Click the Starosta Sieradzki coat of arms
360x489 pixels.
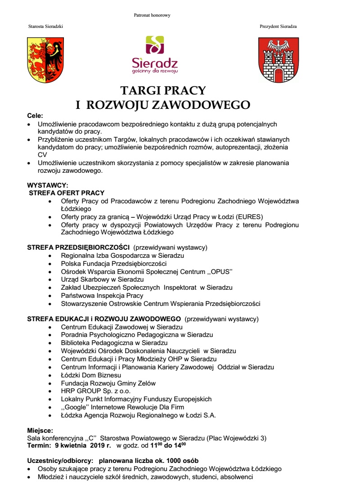45,60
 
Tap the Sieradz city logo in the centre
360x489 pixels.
155,54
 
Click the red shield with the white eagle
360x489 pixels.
278,60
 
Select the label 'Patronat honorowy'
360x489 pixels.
152,15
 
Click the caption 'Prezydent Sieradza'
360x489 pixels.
278,27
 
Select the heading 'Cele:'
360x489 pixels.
35,116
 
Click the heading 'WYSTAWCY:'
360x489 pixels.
48,185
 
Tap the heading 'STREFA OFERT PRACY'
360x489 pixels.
67,193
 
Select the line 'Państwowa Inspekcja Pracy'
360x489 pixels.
102,296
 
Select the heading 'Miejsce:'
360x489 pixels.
40,430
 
